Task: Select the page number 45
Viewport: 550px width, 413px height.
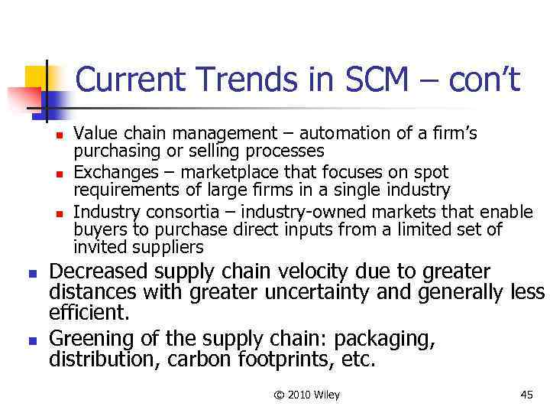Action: (x=526, y=395)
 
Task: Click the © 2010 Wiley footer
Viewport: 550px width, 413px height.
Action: (x=306, y=395)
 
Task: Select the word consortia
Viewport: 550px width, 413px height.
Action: (x=178, y=211)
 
